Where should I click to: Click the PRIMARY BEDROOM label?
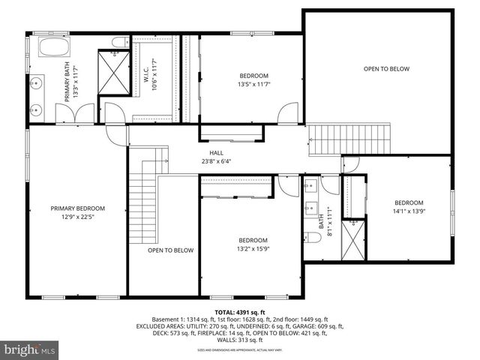point(77,208)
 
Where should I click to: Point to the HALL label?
point(216,152)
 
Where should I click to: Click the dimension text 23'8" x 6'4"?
point(216,160)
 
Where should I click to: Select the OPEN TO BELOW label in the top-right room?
point(386,69)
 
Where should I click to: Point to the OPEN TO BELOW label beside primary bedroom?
point(170,250)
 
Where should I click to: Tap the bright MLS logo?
point(28,349)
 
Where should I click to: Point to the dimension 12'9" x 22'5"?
point(77,217)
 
